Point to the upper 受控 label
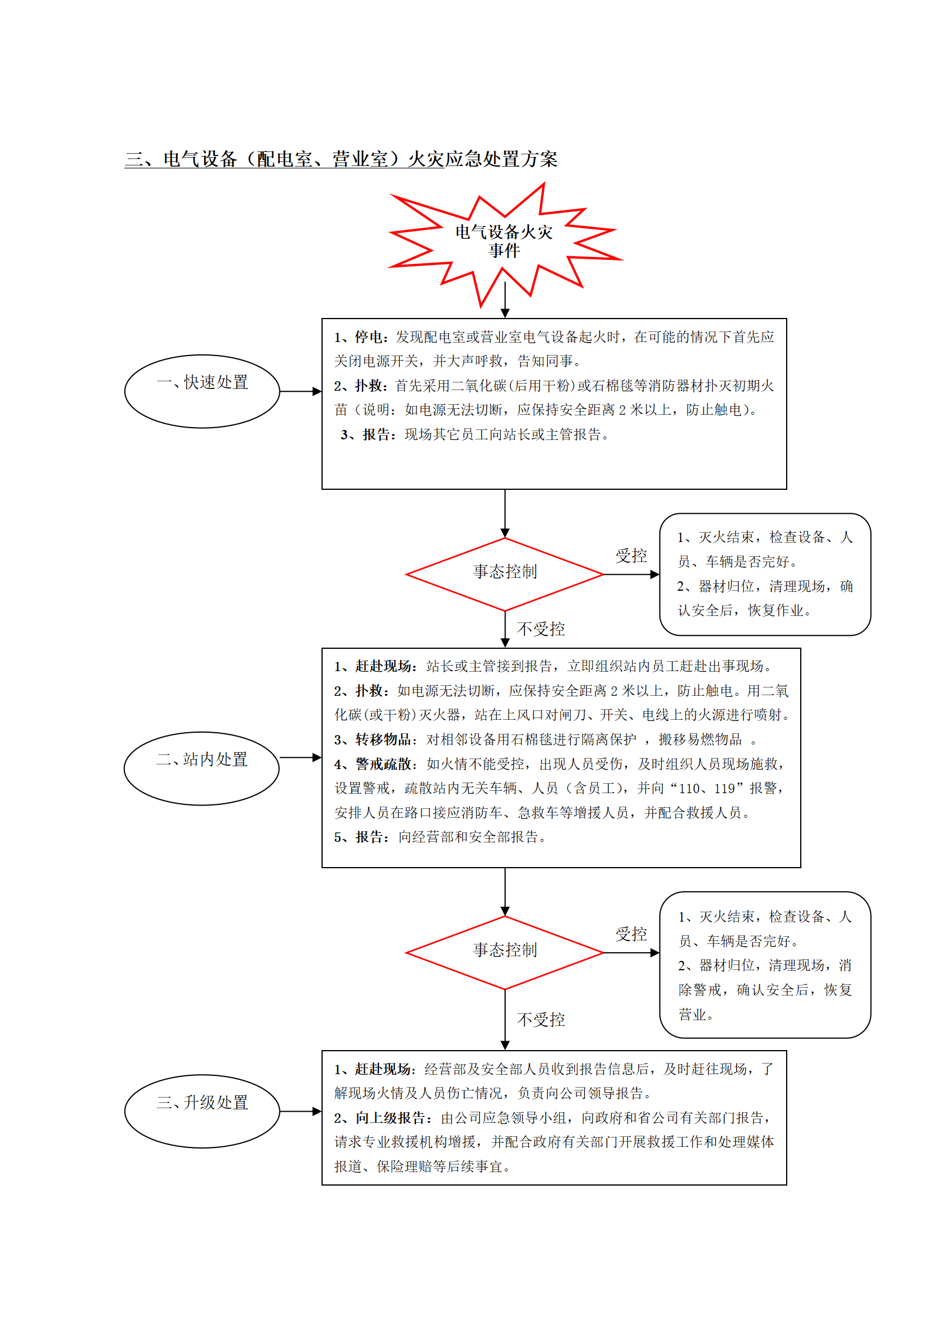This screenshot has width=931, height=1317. click(x=631, y=556)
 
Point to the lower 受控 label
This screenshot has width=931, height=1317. click(x=631, y=934)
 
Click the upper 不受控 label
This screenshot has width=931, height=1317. click(x=541, y=629)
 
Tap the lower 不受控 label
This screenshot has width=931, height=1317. click(x=541, y=1020)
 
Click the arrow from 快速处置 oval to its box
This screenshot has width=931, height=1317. click(x=301, y=391)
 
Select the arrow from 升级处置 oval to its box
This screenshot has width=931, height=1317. click(x=301, y=1111)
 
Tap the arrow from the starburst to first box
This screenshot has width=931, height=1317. click(x=505, y=300)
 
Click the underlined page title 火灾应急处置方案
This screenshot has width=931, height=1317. click(x=482, y=159)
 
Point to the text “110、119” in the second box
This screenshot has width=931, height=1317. click(x=707, y=788)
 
